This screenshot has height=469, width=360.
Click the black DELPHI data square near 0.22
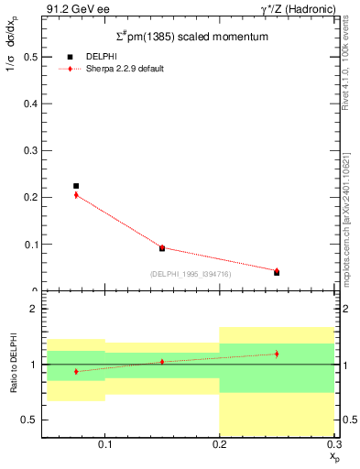[x=76, y=186]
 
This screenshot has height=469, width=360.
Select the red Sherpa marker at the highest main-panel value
[x=76, y=195]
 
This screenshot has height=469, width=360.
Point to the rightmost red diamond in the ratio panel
[x=277, y=354]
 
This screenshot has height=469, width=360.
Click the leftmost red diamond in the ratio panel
[x=76, y=371]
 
